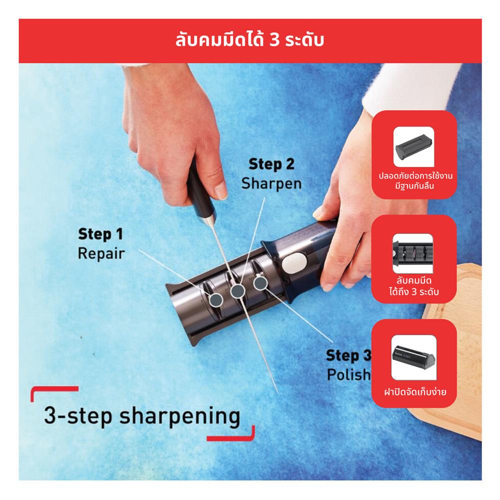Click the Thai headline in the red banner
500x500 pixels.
[249, 40]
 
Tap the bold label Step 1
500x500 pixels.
[101, 234]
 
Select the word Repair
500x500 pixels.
[101, 253]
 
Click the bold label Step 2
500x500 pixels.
[271, 164]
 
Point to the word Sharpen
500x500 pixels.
[271, 183]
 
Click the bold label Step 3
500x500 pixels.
[349, 355]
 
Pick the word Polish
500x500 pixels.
[349, 374]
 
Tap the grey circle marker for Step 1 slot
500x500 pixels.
[216, 299]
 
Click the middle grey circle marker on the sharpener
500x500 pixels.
[237, 291]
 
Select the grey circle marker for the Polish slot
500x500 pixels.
[260, 282]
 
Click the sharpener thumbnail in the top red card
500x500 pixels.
[414, 146]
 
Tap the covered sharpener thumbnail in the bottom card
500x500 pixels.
[413, 357]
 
